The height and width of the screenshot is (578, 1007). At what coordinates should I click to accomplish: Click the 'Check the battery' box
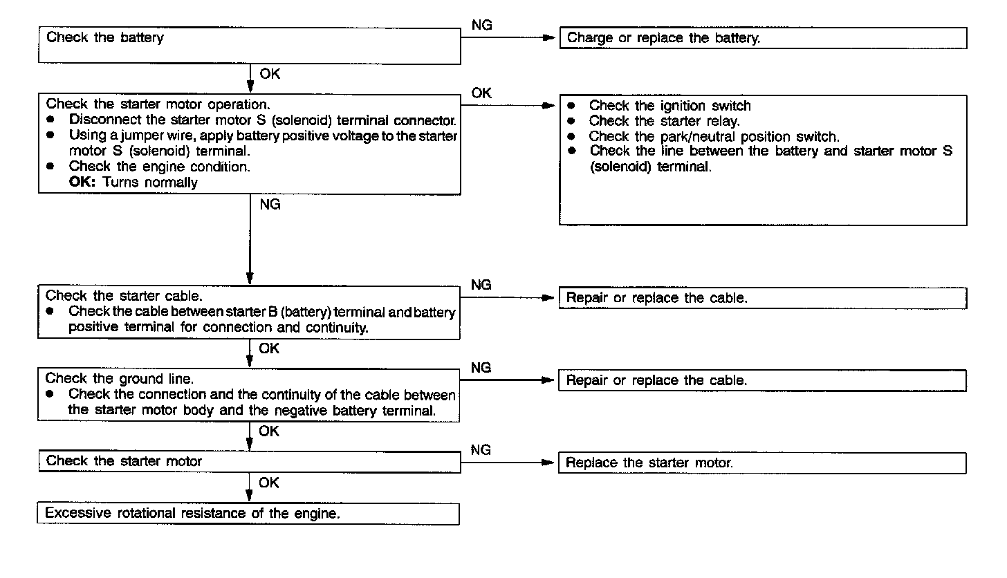249,46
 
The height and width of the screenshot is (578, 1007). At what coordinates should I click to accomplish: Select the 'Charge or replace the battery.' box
762,39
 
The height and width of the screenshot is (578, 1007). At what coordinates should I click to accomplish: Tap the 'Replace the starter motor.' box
761,463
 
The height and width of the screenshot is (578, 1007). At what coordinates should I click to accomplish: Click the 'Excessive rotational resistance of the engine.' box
248,514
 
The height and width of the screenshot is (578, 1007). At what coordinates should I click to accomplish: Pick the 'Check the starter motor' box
249,461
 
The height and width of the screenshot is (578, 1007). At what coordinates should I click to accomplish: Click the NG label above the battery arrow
482,26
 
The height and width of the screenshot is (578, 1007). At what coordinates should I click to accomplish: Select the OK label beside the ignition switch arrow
481,93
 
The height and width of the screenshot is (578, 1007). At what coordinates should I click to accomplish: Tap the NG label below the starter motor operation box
270,205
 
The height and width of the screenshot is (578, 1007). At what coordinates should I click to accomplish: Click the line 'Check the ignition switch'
669,106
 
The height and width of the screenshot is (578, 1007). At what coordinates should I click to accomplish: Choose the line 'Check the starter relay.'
664,121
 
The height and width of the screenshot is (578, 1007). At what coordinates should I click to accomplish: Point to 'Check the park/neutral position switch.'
714,136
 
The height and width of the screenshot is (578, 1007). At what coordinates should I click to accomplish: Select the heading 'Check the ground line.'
120,379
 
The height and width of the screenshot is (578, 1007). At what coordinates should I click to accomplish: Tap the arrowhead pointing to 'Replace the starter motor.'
551,463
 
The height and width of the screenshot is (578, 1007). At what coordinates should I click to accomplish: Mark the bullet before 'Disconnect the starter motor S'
50,119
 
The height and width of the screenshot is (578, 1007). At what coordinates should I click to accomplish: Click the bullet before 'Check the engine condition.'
50,167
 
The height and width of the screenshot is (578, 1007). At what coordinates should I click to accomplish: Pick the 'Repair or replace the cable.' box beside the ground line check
761,381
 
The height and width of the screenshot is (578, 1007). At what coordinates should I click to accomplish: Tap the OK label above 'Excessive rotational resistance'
269,483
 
